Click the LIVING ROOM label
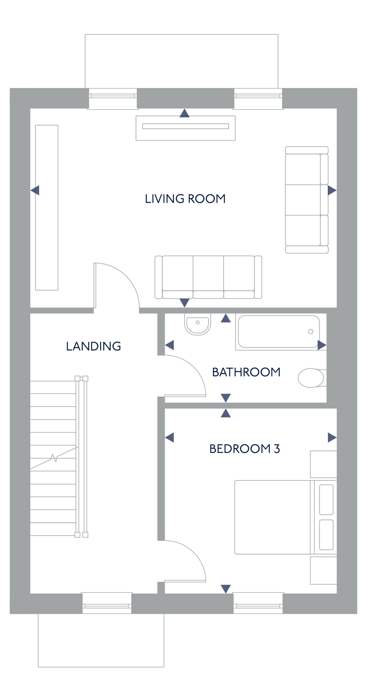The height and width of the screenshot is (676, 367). (185, 199)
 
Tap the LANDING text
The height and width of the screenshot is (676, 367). (94, 346)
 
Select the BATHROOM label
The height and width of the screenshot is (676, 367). (246, 372)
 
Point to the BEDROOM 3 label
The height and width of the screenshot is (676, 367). (245, 449)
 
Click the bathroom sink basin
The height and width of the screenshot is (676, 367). (198, 324)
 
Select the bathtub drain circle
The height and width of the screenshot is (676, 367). (311, 331)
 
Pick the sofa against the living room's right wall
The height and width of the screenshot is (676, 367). (307, 200)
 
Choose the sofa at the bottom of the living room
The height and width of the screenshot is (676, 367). (208, 277)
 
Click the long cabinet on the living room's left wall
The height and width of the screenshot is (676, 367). (47, 208)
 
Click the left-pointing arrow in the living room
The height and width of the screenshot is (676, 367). (35, 190)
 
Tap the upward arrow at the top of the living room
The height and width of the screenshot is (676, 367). (185, 113)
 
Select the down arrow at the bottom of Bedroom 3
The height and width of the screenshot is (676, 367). (226, 589)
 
